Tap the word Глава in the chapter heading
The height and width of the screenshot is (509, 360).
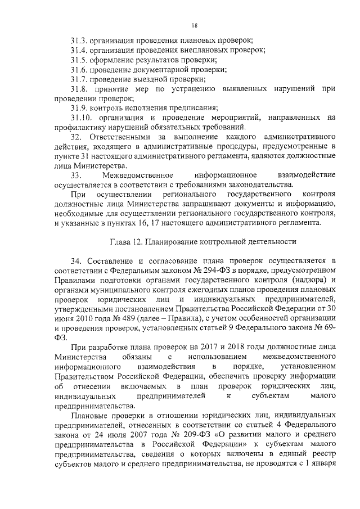119,242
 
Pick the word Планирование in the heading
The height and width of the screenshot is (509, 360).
173,242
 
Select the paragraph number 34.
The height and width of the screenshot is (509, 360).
76,262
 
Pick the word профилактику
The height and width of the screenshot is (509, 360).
82,128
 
